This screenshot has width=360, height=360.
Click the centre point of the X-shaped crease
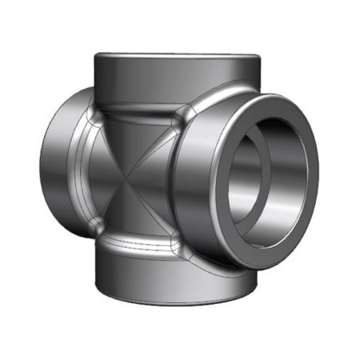(x=131, y=178)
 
